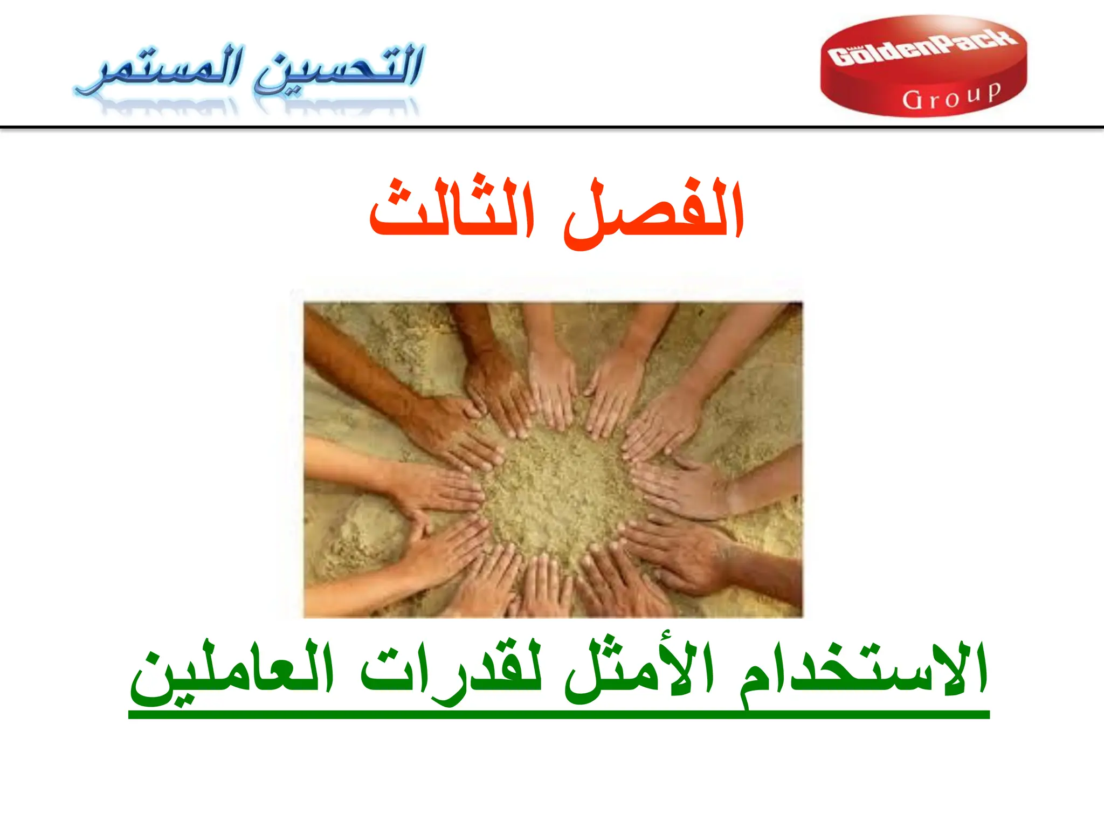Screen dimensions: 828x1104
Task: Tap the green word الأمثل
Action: pyautogui.click(x=639, y=671)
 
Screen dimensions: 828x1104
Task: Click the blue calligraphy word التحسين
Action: pyautogui.click(x=340, y=69)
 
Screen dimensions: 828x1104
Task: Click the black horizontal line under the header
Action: pyautogui.click(x=552, y=128)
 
